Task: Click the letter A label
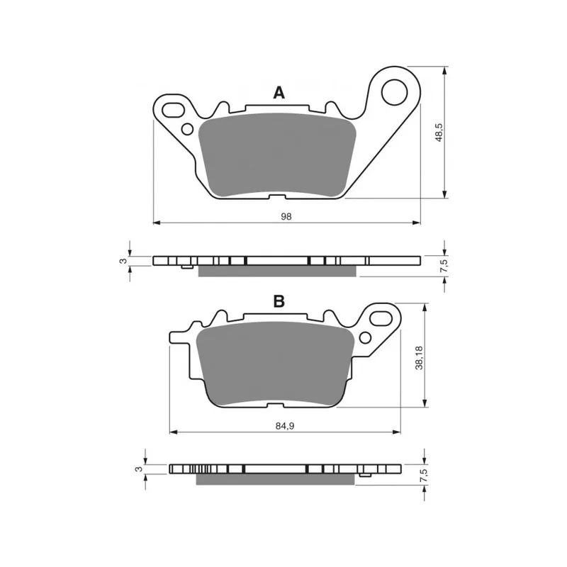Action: click(279, 93)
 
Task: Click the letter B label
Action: click(279, 301)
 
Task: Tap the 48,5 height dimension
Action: click(439, 133)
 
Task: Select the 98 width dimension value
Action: click(286, 217)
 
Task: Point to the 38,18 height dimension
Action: click(419, 358)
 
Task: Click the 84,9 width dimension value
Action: click(285, 426)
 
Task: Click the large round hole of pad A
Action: click(395, 93)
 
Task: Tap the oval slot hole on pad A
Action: click(173, 110)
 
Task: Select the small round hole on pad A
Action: click(187, 129)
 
